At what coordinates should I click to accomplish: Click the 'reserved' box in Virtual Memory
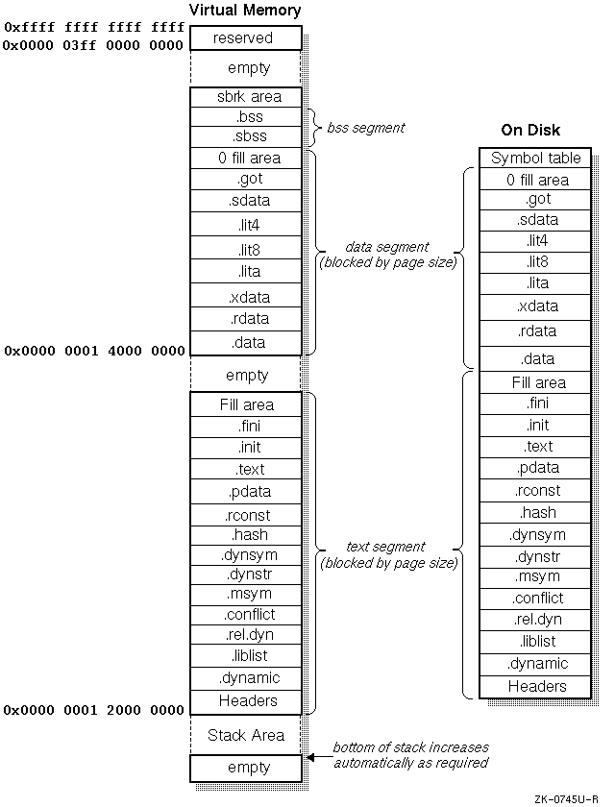click(245, 37)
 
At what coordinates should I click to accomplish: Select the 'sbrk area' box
click(245, 97)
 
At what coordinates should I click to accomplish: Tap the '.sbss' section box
click(245, 136)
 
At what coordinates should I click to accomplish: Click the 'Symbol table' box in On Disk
click(536, 158)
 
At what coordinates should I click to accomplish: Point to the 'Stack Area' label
click(245, 736)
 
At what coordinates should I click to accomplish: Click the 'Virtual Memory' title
click(245, 11)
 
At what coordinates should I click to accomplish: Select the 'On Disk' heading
click(530, 130)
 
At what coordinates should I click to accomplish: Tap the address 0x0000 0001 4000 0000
click(93, 352)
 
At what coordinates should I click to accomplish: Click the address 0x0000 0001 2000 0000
click(93, 711)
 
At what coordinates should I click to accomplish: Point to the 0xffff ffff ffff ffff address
click(93, 28)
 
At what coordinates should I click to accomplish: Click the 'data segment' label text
click(387, 247)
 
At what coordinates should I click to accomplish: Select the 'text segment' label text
click(387, 547)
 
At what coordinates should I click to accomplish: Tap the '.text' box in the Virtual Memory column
click(245, 470)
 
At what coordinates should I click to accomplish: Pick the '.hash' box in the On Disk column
click(536, 513)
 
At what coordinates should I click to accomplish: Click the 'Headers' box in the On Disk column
click(536, 687)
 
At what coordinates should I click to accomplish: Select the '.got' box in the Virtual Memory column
click(245, 179)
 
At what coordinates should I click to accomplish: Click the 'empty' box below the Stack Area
click(245, 769)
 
